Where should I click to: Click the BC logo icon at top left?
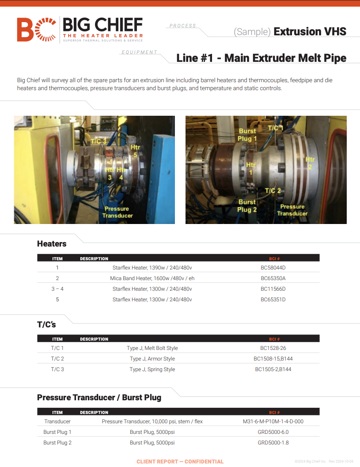(x=36, y=30)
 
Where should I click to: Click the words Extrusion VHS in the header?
(x=310, y=31)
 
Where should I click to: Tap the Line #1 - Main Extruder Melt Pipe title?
(x=261, y=58)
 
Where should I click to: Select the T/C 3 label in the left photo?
(x=98, y=141)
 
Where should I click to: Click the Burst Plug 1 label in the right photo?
(x=247, y=135)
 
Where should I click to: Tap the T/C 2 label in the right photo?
(x=273, y=190)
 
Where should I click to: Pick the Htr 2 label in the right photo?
(x=310, y=163)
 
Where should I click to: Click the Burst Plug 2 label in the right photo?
(x=247, y=206)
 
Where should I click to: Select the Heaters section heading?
(x=52, y=243)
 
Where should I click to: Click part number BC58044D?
(x=273, y=267)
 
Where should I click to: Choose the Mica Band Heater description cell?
(x=152, y=278)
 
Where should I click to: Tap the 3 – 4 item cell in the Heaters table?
(x=57, y=289)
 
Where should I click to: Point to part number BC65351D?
(x=273, y=299)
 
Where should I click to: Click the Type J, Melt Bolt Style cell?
(x=152, y=348)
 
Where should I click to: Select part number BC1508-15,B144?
(x=273, y=359)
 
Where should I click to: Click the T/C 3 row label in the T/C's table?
(x=57, y=369)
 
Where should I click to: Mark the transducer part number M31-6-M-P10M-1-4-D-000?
(x=273, y=421)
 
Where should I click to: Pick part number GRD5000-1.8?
(x=273, y=443)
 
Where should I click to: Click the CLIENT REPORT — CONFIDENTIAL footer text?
(x=180, y=461)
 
